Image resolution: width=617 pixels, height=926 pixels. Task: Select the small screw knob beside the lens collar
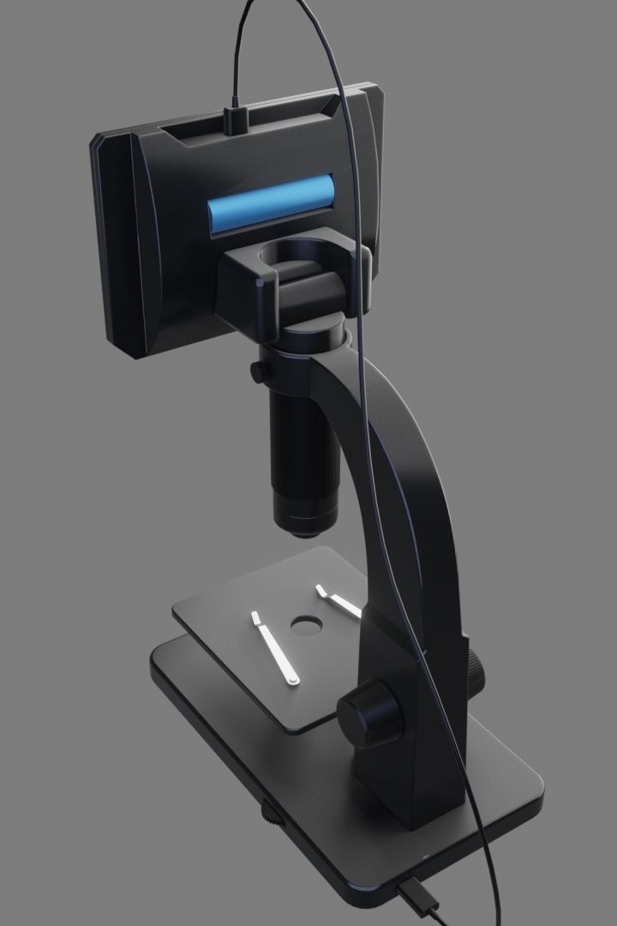pyautogui.click(x=256, y=372)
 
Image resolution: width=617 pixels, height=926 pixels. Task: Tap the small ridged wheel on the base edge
pyautogui.click(x=271, y=813)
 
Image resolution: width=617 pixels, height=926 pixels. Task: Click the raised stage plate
pyautogui.click(x=257, y=677)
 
